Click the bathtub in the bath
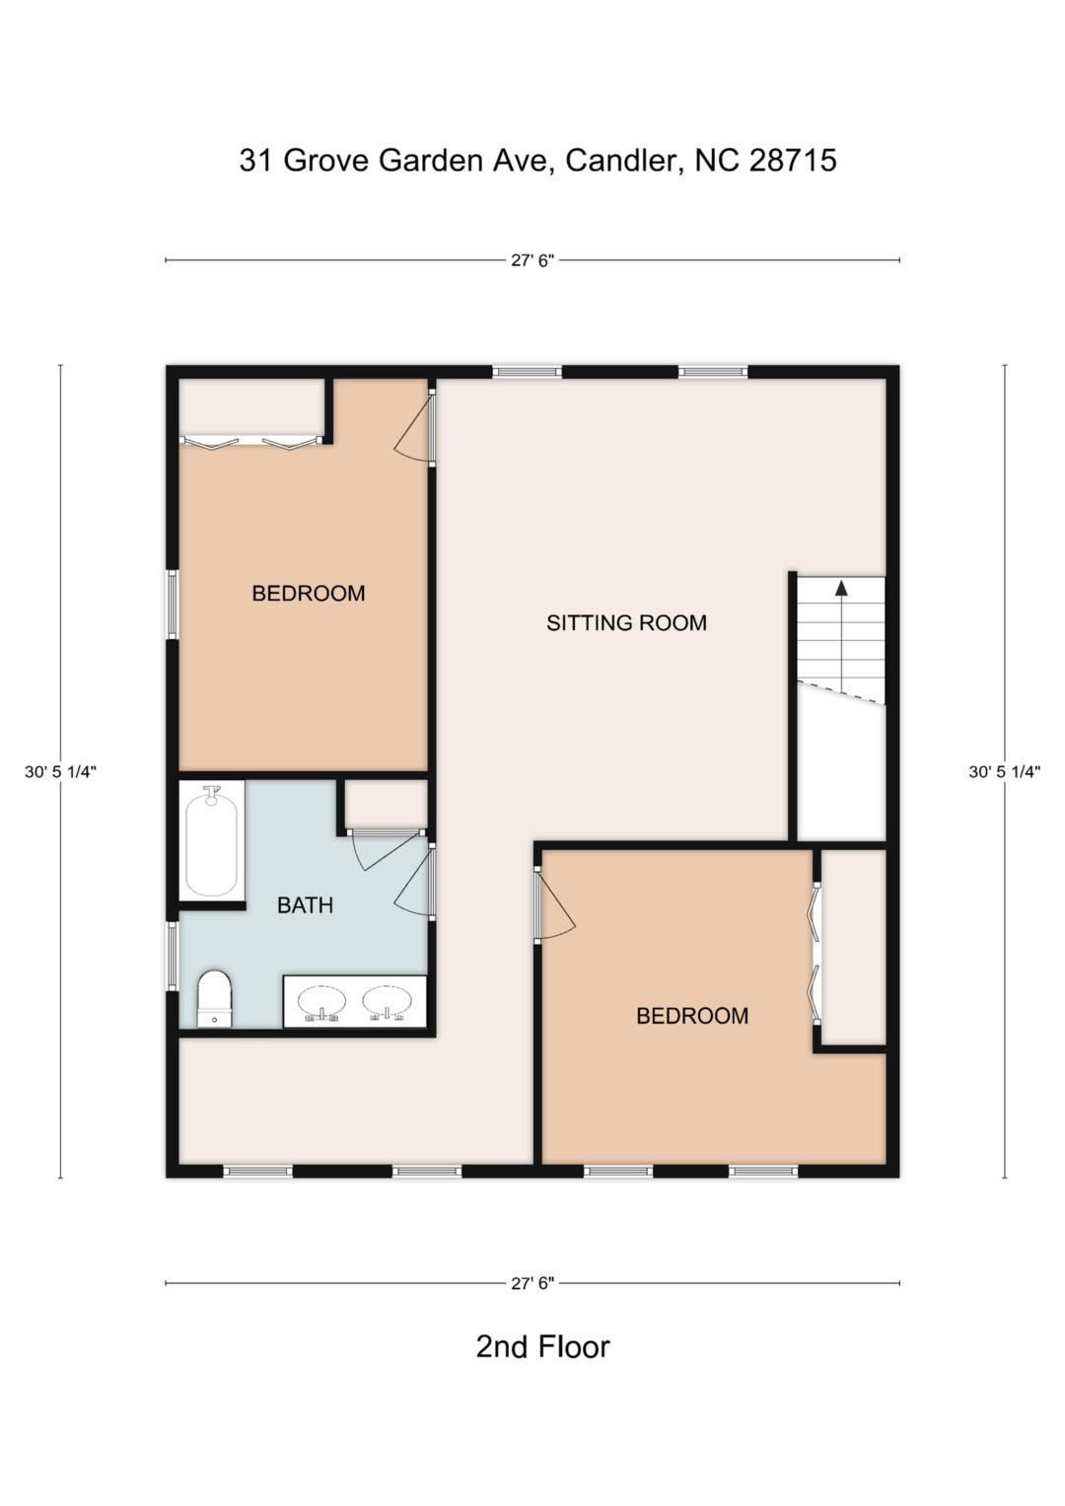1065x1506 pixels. pyautogui.click(x=211, y=841)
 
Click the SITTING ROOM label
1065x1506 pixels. pyautogui.click(x=626, y=623)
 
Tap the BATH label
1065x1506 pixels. pyautogui.click(x=306, y=905)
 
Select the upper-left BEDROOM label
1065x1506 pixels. pyautogui.click(x=308, y=593)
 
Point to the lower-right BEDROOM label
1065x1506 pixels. pyautogui.click(x=692, y=1015)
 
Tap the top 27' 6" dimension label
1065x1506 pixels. pyautogui.click(x=532, y=260)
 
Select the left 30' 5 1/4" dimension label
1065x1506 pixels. pyautogui.click(x=60, y=772)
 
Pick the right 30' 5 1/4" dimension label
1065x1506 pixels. pyautogui.click(x=1005, y=772)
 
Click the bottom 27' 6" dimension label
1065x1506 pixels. pyautogui.click(x=532, y=1283)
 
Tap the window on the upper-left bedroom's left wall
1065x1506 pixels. pyautogui.click(x=173, y=604)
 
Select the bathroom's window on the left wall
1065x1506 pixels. pyautogui.click(x=173, y=956)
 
